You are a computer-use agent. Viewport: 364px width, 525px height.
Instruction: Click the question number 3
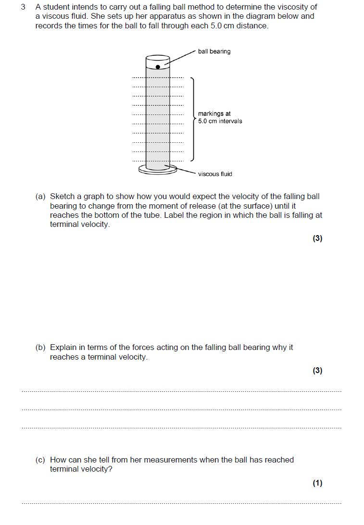[x=23, y=7]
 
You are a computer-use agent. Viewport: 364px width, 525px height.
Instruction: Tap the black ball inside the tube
[x=158, y=67]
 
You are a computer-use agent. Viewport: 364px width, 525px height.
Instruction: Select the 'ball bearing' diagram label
[x=214, y=51]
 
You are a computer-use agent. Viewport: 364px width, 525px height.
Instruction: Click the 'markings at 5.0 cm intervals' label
[x=220, y=117]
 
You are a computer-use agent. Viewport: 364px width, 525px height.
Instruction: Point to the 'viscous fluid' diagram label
[x=215, y=174]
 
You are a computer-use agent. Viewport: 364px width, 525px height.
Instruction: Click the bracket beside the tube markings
[x=193, y=119]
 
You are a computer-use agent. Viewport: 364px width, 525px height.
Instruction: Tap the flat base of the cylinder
[x=158, y=169]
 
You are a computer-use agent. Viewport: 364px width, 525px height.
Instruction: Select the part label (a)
[x=41, y=197]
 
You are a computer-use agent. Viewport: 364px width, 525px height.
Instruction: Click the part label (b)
[x=41, y=348]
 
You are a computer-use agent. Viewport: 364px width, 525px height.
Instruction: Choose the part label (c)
[x=41, y=460]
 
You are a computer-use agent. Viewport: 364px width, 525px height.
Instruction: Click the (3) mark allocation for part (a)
[x=317, y=238]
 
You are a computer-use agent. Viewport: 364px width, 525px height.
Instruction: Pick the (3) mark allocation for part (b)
[x=317, y=371]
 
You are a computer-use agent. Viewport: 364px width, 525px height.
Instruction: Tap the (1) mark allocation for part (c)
[x=317, y=484]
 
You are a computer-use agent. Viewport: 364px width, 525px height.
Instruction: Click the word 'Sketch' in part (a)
[x=62, y=197]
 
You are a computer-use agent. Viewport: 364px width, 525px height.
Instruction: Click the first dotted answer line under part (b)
[x=182, y=392]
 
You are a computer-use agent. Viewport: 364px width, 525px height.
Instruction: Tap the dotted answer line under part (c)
[x=182, y=504]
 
